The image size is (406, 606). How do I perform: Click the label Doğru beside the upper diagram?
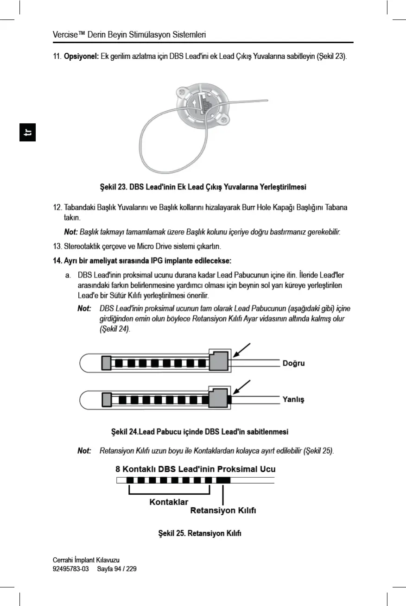pyautogui.click(x=293, y=363)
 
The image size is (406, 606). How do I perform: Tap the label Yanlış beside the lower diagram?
pyautogui.click(x=293, y=399)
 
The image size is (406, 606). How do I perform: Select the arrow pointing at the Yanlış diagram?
pyautogui.click(x=241, y=387)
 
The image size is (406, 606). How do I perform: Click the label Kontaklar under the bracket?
pyautogui.click(x=169, y=502)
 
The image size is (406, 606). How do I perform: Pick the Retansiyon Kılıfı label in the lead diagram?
pyautogui.click(x=223, y=511)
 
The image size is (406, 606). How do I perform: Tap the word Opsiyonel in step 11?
pyautogui.click(x=81, y=57)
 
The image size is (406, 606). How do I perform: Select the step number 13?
pyautogui.click(x=58, y=245)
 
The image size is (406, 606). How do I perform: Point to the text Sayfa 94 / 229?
pyautogui.click(x=117, y=568)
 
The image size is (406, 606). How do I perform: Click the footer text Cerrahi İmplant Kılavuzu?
pyautogui.click(x=83, y=560)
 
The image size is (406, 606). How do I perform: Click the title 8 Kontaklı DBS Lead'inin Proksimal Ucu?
pyautogui.click(x=196, y=469)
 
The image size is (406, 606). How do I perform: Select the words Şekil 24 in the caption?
pyautogui.click(x=124, y=432)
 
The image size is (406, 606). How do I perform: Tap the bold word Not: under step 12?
pyautogui.click(x=71, y=231)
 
